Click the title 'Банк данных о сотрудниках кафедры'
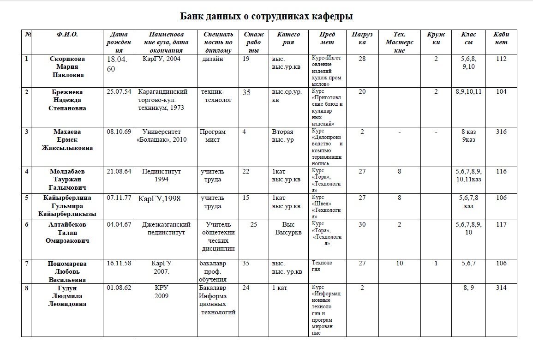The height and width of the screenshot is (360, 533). click(266, 17)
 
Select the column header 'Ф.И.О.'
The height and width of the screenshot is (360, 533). click(67, 35)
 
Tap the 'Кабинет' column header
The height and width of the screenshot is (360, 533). click(501, 38)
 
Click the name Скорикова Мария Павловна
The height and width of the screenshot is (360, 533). click(67, 67)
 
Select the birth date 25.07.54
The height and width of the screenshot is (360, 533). click(119, 92)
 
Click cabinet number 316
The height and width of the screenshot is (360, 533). click(501, 132)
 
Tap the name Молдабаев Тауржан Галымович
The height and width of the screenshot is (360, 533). click(67, 180)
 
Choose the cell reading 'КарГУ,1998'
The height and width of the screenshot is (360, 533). click(160, 199)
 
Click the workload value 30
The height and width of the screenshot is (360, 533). click(362, 225)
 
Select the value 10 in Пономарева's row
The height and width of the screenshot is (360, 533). click(400, 264)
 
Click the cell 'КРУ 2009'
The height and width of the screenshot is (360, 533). click(162, 292)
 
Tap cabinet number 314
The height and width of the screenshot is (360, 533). click(501, 288)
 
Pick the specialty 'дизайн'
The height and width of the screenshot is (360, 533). click(213, 59)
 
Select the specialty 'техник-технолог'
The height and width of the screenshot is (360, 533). click(216, 96)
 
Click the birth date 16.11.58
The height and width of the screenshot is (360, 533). click(119, 264)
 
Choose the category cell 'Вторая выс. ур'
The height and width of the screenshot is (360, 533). click(283, 136)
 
